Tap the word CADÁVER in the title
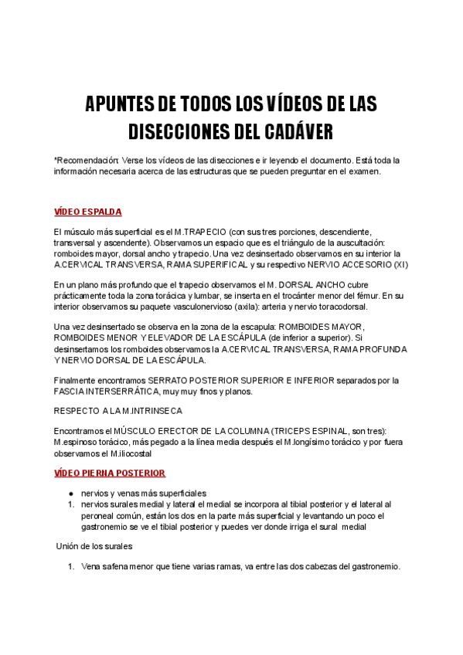coord(326,130)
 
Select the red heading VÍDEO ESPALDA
coord(87,212)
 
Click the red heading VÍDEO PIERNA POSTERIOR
coord(109,473)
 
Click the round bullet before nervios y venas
coord(70,493)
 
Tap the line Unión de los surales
coord(95,546)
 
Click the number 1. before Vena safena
coord(70,566)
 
